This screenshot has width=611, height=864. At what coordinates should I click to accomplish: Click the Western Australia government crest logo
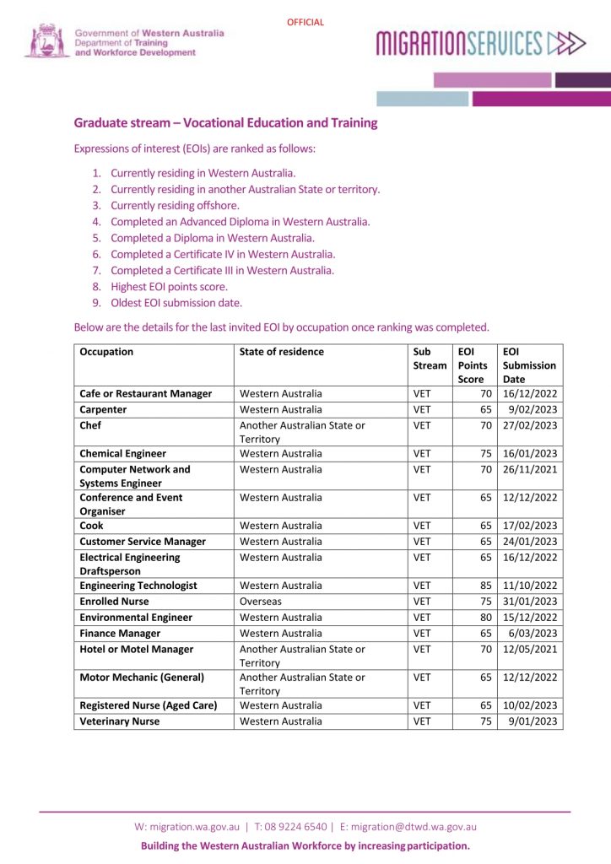coord(46,40)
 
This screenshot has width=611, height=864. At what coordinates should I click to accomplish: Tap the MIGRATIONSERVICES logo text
coord(459,42)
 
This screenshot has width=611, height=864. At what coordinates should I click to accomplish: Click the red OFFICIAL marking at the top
coord(305,23)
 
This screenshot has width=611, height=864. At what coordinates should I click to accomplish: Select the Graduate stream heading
coord(225,123)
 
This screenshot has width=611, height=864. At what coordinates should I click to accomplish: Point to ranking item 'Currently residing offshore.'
coord(175,205)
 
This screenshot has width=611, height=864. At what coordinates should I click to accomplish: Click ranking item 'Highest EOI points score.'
coord(169,286)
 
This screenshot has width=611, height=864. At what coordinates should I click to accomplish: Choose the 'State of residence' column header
coord(282,352)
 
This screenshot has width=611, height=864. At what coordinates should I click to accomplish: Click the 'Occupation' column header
coord(106,352)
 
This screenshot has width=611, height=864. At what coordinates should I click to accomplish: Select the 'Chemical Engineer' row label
coord(122,453)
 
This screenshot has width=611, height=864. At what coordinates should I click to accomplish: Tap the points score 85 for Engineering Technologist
coord(485,585)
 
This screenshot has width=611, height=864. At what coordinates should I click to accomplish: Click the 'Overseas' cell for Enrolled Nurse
coord(262,601)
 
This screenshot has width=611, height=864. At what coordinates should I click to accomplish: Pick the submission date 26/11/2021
coord(530,469)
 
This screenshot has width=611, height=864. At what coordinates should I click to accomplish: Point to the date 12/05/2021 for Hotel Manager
coord(530,649)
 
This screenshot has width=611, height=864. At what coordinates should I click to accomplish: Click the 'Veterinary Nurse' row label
coord(119,721)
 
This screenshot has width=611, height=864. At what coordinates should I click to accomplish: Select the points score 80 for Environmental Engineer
coord(485,617)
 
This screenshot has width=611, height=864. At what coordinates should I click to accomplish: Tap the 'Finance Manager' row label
coord(120,633)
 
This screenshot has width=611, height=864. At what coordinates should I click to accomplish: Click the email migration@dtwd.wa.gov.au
coord(414,827)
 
